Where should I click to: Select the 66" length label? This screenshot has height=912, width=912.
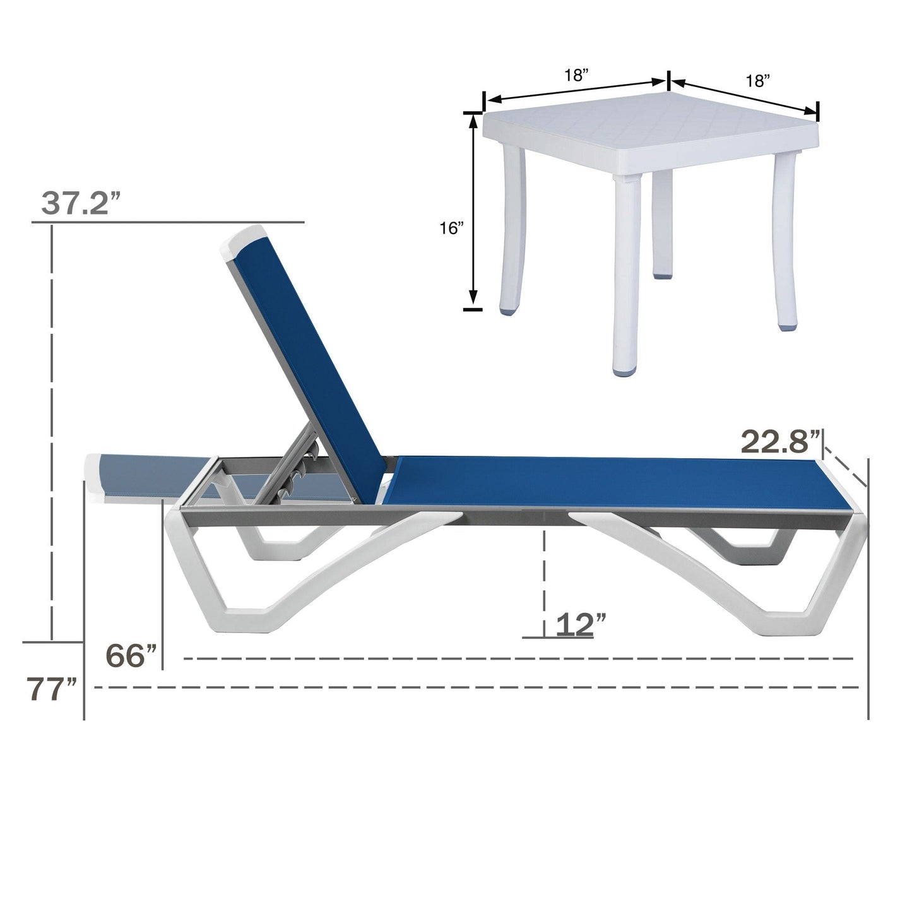coord(131,656)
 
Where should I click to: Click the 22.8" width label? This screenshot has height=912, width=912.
coord(779,441)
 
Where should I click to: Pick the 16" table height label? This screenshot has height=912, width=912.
coord(452,228)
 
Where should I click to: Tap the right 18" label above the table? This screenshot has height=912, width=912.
coord(757,80)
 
